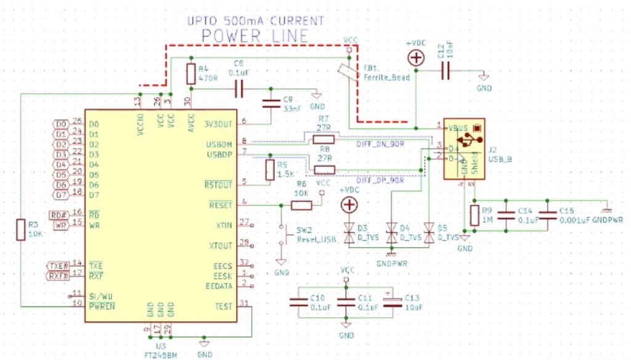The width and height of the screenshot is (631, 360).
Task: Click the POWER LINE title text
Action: click(255, 36)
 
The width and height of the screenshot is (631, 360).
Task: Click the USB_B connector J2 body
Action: click(464, 149)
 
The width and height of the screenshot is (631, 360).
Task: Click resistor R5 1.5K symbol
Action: click(269, 171)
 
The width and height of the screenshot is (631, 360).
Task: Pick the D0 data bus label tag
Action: click(60, 124)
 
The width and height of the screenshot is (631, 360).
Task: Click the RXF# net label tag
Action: click(59, 276)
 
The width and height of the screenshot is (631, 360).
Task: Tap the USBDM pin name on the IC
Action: click(219, 144)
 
